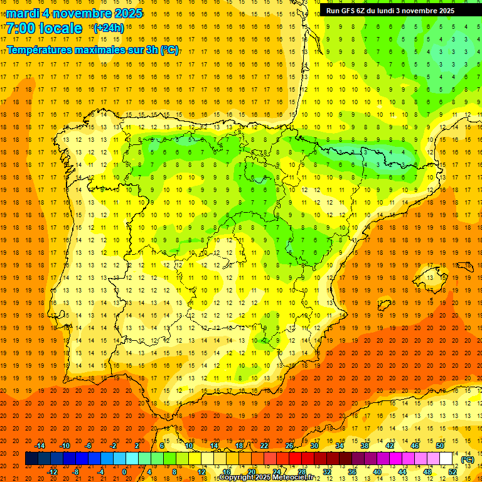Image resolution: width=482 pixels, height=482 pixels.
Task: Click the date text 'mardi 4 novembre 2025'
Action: [75, 13]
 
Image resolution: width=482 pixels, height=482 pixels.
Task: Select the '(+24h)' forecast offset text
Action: [108, 28]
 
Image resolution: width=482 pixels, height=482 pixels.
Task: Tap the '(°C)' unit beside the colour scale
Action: [467, 459]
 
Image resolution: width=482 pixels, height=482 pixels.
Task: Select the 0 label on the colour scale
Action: [124, 471]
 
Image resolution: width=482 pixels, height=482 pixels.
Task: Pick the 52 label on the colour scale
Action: [453, 471]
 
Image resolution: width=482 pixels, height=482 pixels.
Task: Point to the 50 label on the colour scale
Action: [440, 445]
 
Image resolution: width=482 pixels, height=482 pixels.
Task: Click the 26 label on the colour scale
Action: [289, 445]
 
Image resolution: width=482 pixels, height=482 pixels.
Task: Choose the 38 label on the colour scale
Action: [365, 445]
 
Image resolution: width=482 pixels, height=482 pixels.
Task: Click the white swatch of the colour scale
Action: [446, 458]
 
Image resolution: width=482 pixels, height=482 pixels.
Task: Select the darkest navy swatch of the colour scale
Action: [31, 458]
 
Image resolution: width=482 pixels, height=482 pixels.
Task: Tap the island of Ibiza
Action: [385, 304]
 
